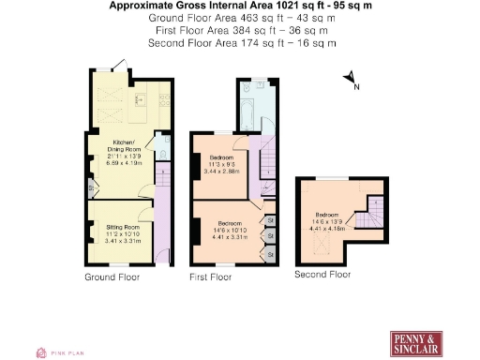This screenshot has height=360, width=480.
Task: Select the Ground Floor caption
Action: (x=112, y=277)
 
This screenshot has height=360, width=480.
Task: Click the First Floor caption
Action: (x=211, y=277)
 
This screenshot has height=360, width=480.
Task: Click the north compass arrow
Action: (x=348, y=79)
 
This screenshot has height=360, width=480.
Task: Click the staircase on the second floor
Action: (x=374, y=213)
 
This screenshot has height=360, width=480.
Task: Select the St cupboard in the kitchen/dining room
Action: (x=91, y=187)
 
